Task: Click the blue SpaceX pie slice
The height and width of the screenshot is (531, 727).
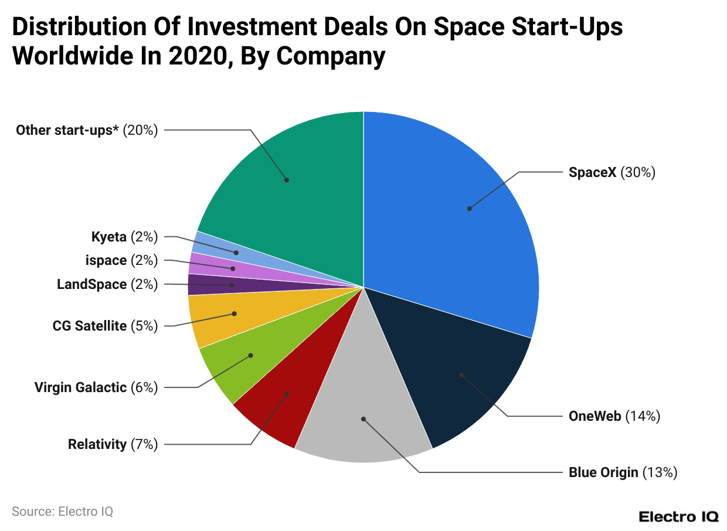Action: tap(446, 223)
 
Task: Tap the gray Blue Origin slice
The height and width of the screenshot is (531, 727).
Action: tap(363, 410)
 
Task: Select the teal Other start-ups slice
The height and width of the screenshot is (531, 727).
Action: tap(293, 176)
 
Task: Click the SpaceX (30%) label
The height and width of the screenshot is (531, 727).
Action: tap(612, 172)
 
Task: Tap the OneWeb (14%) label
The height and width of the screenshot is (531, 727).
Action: tap(614, 416)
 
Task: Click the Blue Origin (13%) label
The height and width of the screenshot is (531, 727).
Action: tap(623, 472)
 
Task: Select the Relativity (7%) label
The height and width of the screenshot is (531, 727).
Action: tap(113, 444)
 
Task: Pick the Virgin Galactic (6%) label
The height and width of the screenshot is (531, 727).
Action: tap(96, 387)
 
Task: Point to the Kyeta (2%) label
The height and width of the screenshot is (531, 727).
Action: tap(124, 237)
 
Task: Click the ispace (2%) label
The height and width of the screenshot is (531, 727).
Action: tap(121, 260)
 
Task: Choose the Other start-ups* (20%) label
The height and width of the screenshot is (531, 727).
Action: tap(87, 130)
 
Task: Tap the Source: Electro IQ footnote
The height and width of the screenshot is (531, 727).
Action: tap(62, 511)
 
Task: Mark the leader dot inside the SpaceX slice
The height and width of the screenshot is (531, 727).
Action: tap(470, 208)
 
